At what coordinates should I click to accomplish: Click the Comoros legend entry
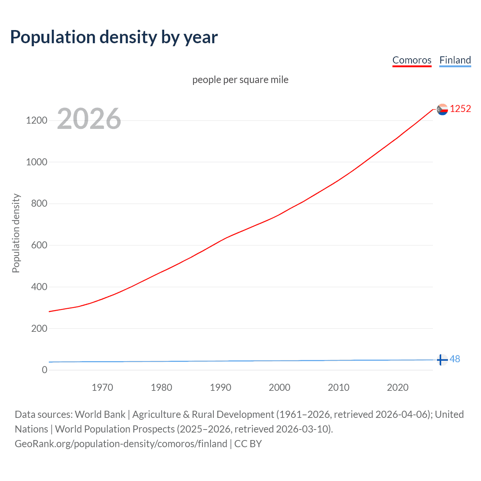coord(411,60)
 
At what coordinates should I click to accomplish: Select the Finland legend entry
coord(455,60)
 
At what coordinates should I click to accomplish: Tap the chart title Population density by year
coord(114,37)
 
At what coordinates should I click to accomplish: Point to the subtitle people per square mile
coord(240,80)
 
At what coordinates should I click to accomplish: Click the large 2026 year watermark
coord(89,119)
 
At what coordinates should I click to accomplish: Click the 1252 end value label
coord(460,109)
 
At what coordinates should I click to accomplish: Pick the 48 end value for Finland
coord(455,359)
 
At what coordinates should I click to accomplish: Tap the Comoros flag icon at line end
coord(442,109)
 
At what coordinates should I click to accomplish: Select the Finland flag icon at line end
coord(442,360)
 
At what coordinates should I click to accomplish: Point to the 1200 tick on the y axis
coord(36,121)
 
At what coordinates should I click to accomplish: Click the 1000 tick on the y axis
coord(36,162)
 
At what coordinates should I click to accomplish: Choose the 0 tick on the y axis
coord(45,370)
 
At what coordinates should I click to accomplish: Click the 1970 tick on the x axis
coord(102,387)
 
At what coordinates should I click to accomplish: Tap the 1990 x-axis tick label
coord(221,387)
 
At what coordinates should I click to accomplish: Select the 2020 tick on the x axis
coord(398,387)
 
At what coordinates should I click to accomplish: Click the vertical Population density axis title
coord(16,233)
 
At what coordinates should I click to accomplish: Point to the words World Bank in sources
coord(100,414)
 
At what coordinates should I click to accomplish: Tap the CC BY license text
coord(248,444)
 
